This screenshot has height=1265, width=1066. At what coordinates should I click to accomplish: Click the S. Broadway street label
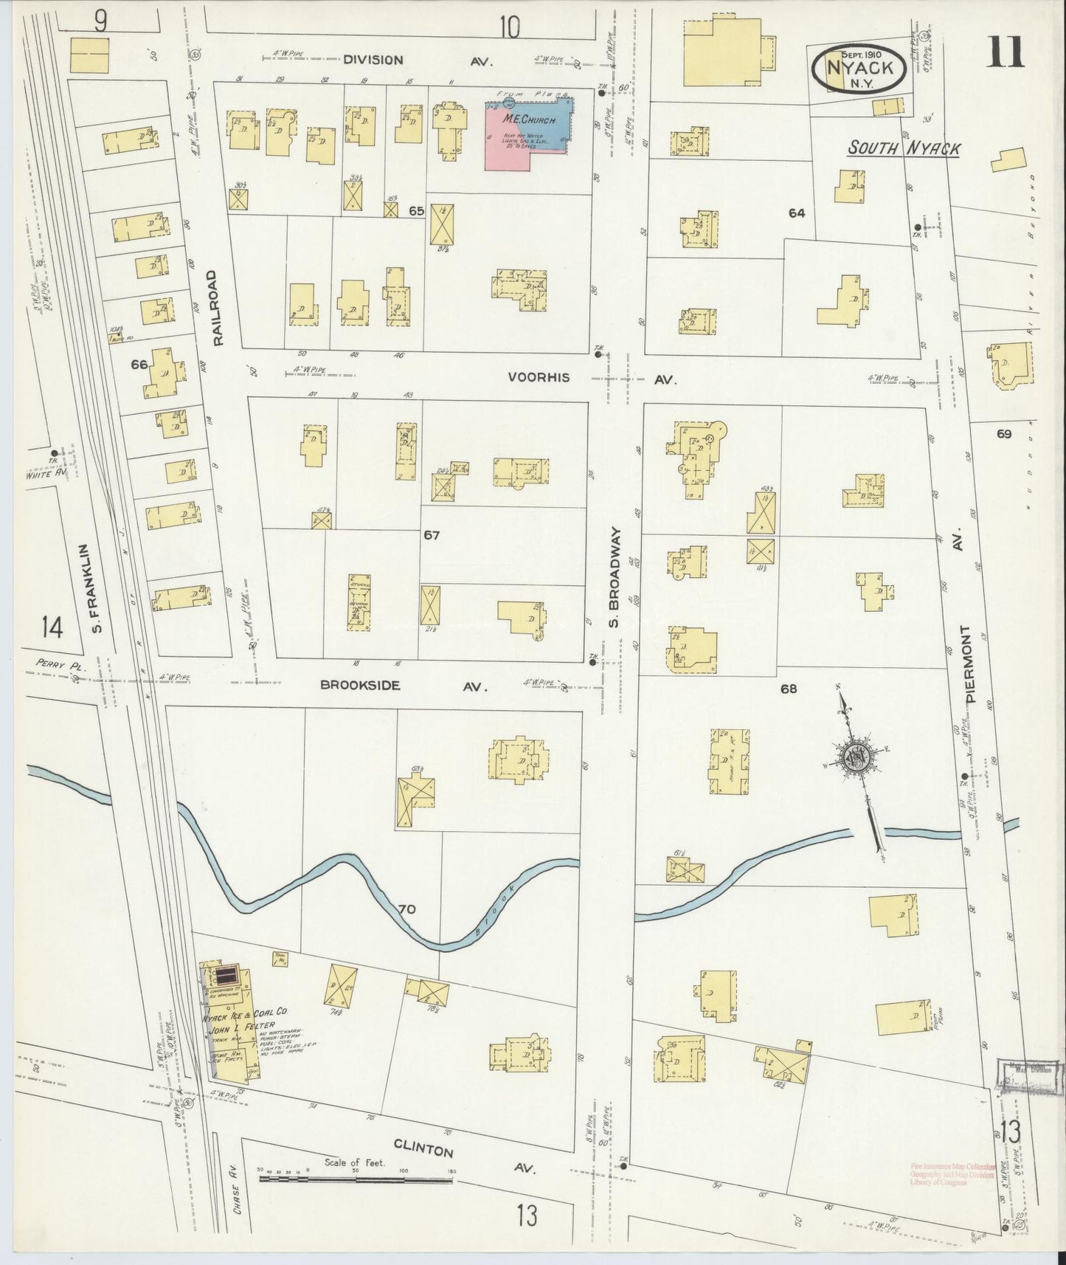click(615, 577)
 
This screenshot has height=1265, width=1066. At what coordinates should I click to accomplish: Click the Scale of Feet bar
click(356, 1180)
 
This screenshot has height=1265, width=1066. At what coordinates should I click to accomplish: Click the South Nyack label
click(903, 148)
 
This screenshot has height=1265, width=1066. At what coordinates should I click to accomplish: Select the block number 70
click(406, 909)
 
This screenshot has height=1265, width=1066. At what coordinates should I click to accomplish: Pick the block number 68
click(789, 689)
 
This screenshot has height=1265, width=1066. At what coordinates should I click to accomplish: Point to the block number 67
click(432, 535)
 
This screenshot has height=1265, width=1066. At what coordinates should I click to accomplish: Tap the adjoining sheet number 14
click(52, 628)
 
